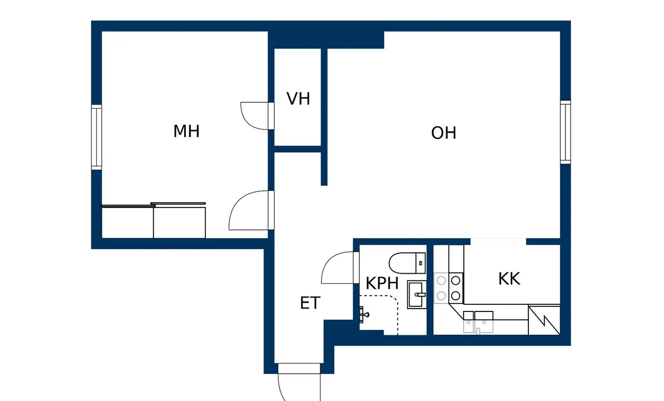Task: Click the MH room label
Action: pos(186,131)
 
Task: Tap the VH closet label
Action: pos(298,98)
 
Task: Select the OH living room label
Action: pos(443,133)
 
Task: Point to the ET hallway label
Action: pos(310,303)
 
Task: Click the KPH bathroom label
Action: pos(382,283)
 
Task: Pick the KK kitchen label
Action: pos(509,279)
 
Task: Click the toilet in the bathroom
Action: pos(407,263)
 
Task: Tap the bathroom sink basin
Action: pos(417,295)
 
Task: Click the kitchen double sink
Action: pos(478,322)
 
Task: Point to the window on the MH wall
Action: pos(96,137)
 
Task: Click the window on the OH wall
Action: pos(566,132)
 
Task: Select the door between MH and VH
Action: pos(257,116)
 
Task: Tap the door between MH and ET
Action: pos(251,210)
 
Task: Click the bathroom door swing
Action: pos(340,267)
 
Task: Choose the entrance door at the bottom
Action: pos(299,382)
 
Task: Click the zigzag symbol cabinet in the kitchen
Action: pos(544,320)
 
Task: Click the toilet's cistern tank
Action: pos(421,263)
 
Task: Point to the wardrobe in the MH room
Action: pos(154,221)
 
